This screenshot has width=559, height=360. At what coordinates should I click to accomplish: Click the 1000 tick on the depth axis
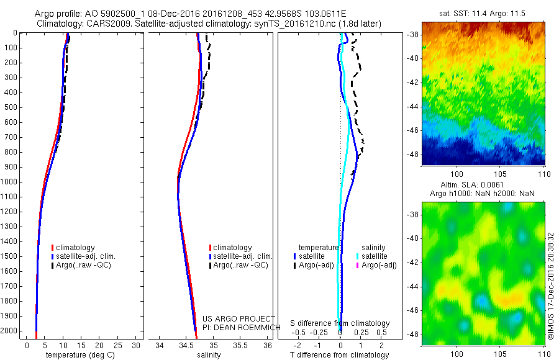coord(11,182)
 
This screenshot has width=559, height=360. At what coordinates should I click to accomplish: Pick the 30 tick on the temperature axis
coord(136,345)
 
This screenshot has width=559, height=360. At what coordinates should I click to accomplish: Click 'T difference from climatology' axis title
coord(340,355)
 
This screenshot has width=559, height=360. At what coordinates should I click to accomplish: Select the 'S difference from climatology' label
coord(340,323)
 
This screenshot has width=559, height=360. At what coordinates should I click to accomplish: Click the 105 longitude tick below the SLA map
coord(501,353)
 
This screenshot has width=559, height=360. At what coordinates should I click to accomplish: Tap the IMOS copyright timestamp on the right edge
coord(551,286)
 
